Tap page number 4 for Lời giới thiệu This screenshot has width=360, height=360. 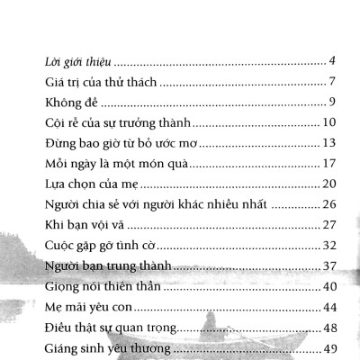[x=332, y=61]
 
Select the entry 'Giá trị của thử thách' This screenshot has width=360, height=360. [x=102, y=83]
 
